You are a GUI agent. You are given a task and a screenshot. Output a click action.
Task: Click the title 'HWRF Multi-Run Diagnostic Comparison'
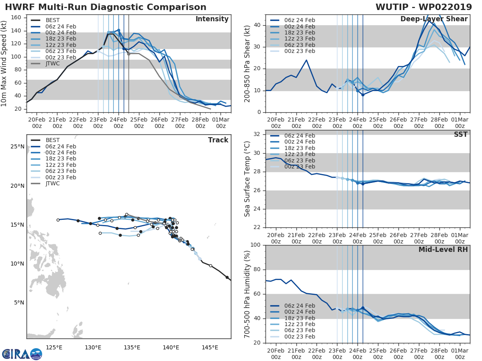[106, 7]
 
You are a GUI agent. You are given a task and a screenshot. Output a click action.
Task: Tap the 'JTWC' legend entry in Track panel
[52, 184]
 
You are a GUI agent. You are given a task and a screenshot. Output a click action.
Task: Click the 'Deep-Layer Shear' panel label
[434, 19]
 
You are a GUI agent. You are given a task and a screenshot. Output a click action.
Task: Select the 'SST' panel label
[460, 134]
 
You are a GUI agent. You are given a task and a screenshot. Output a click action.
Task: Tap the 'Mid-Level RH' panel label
[443, 250]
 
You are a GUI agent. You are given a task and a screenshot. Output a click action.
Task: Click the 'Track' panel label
[218, 140]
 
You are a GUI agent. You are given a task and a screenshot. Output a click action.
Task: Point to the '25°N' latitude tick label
[17, 147]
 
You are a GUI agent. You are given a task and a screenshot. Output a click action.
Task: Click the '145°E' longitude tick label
[210, 347]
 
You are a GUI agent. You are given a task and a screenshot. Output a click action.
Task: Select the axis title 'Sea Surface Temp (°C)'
[247, 179]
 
